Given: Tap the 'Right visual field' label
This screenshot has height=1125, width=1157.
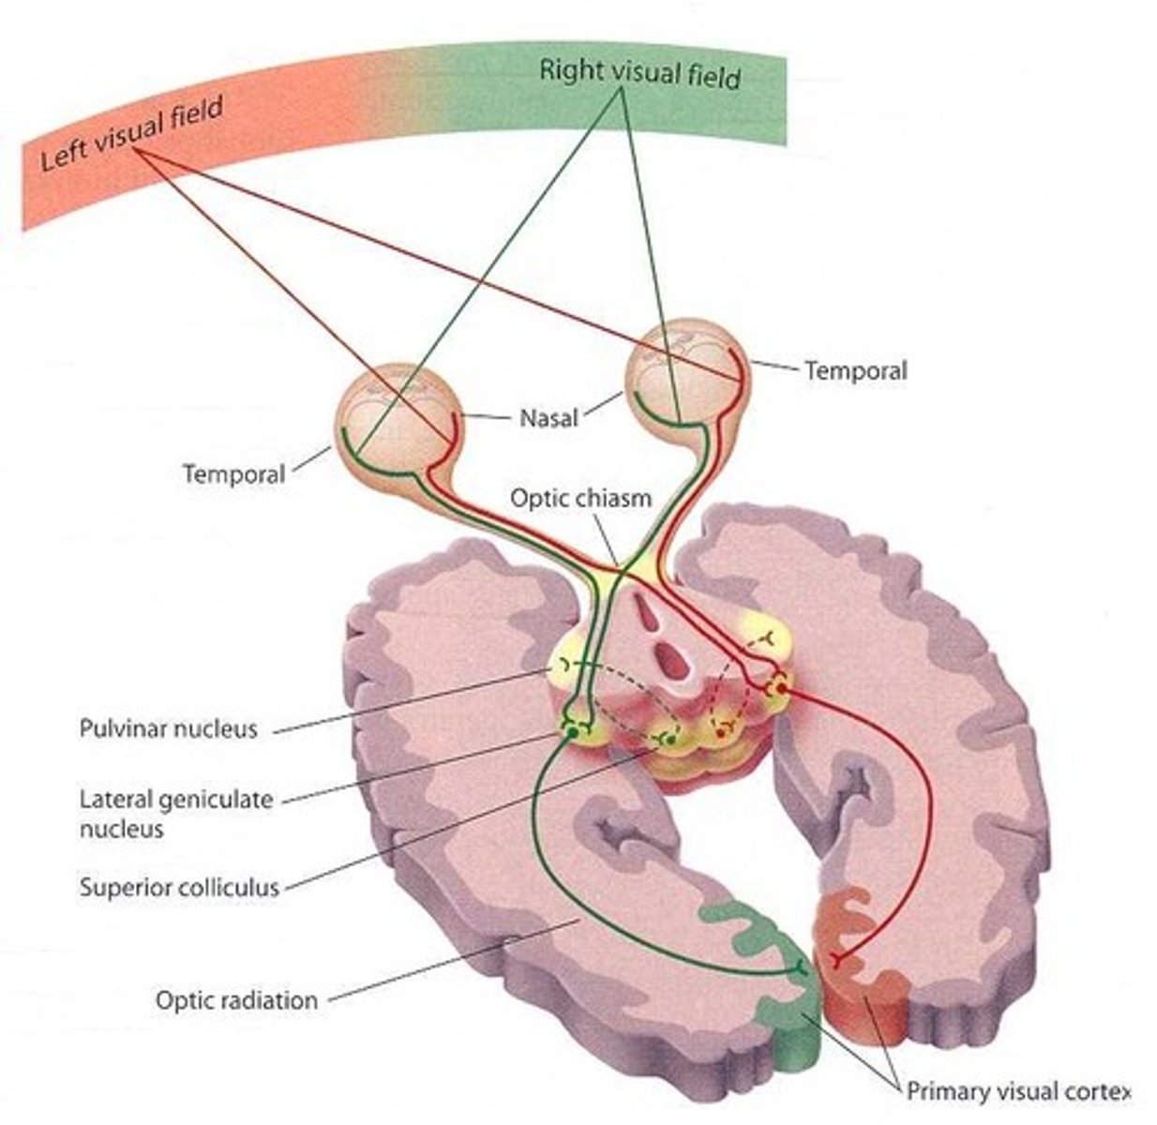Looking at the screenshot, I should click(x=639, y=73).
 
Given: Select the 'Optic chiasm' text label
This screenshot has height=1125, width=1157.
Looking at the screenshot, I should click(x=579, y=497).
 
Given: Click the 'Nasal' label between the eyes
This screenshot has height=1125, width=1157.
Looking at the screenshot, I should click(x=548, y=416).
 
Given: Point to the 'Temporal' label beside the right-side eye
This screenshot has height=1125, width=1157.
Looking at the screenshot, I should click(x=855, y=371).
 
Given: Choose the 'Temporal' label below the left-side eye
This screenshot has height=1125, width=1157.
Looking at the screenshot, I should click(x=233, y=473).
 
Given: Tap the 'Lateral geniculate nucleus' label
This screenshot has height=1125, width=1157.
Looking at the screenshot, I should click(x=175, y=814).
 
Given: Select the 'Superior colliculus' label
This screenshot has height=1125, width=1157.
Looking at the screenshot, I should click(x=179, y=887).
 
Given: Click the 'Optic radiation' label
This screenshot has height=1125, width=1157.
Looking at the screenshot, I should click(x=236, y=1000).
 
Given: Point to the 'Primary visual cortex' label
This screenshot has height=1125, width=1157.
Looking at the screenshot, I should click(x=1017, y=1091).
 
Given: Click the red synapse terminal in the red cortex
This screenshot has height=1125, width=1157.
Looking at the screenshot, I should click(x=837, y=959).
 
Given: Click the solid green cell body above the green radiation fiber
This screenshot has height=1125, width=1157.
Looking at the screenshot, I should click(x=568, y=728).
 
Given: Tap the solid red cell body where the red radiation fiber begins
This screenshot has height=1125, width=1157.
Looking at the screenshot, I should click(x=780, y=689).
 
